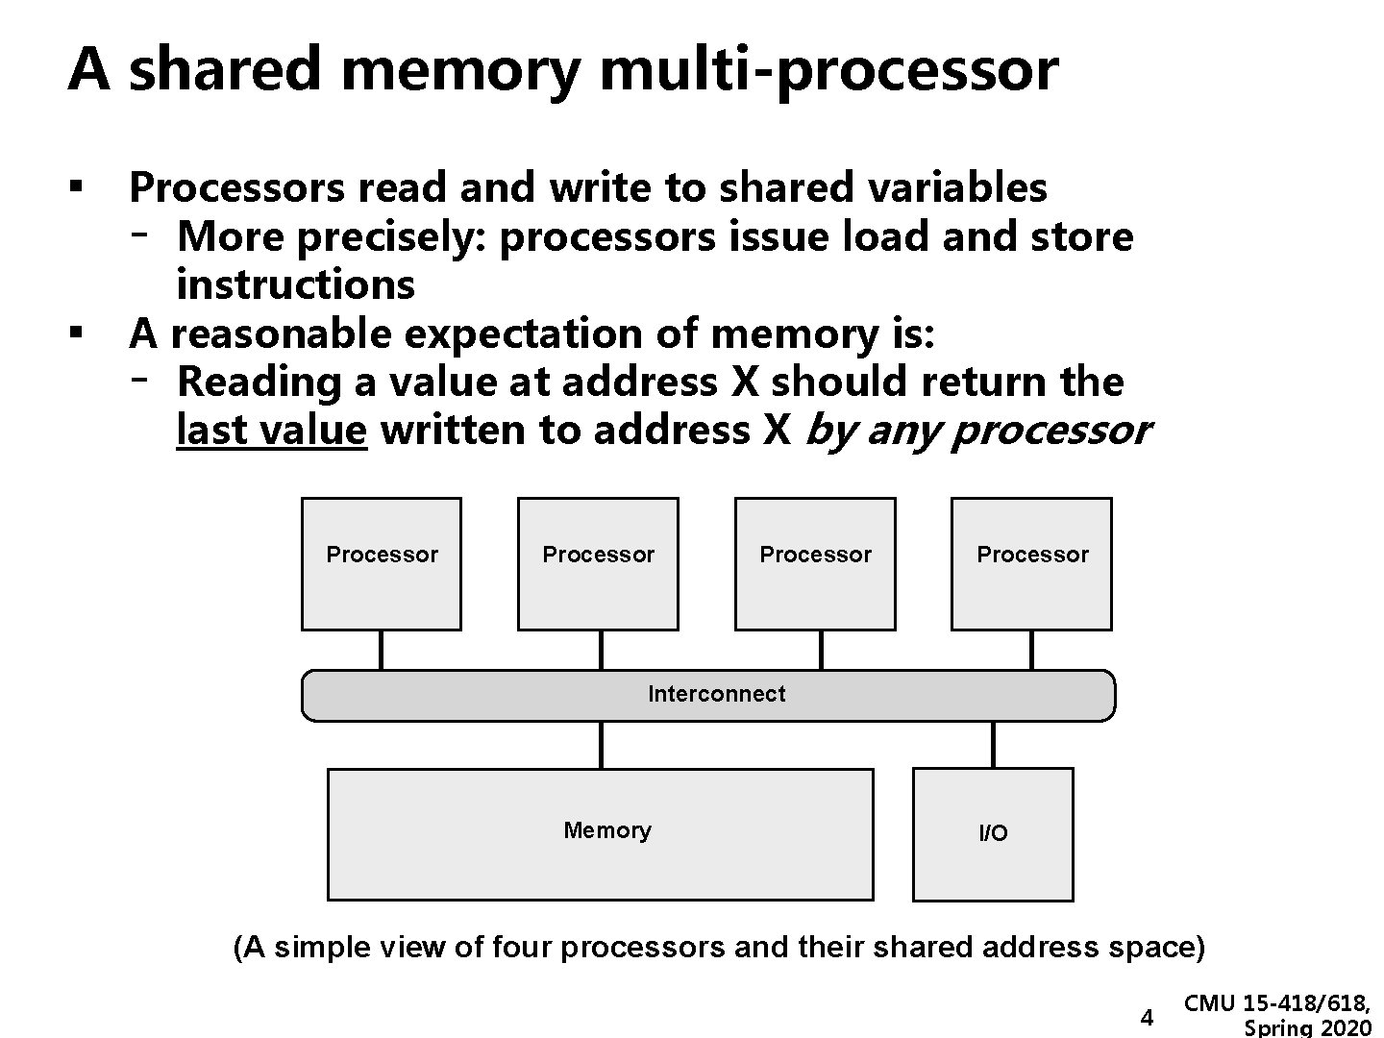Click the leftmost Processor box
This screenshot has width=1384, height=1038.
[x=382, y=564]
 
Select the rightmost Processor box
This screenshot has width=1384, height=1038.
[x=1031, y=564]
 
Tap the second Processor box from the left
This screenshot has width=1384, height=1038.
[x=598, y=564]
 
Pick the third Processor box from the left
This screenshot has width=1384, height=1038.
[x=815, y=564]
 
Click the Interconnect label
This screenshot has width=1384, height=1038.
[x=716, y=694]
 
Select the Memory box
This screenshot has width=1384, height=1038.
[x=601, y=833]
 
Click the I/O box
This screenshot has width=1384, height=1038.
[x=993, y=834]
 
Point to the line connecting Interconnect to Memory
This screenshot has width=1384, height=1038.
[x=601, y=744]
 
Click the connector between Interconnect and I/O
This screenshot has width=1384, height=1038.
[x=993, y=744]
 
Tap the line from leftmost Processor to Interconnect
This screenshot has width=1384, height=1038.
[x=381, y=650]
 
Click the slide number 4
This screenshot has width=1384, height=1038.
[x=1146, y=1017]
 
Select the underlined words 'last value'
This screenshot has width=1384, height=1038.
[x=271, y=430]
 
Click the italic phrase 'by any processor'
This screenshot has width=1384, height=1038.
[x=976, y=430]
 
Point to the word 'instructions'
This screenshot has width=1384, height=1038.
[x=296, y=284]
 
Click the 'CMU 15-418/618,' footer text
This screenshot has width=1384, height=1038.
[x=1276, y=1003]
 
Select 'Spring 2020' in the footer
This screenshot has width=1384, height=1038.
[x=1307, y=1028]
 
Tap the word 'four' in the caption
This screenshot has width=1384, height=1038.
[x=522, y=948]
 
